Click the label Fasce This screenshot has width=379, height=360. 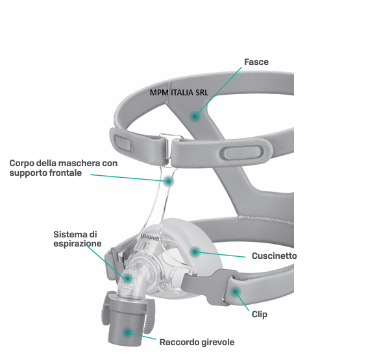pos(256,62)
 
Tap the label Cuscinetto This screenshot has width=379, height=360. pos(274,256)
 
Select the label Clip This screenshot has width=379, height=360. pos(260,315)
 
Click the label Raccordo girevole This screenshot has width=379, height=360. pos(197,342)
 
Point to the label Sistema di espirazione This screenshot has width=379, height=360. pos(77,239)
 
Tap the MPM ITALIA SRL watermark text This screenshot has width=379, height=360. pos(179,93)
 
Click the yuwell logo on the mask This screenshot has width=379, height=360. pos(150,237)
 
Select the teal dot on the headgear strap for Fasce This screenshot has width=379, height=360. pos(194,117)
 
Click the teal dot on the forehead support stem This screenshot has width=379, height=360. pos(168,181)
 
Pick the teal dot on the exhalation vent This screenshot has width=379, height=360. pos(127,278)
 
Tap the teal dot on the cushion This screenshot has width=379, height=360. pos(195,252)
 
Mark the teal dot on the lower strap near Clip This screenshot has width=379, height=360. pos(235,292)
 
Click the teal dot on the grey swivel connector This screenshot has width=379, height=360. pos(127,333)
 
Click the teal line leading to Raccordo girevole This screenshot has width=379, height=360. pos(141,336)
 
